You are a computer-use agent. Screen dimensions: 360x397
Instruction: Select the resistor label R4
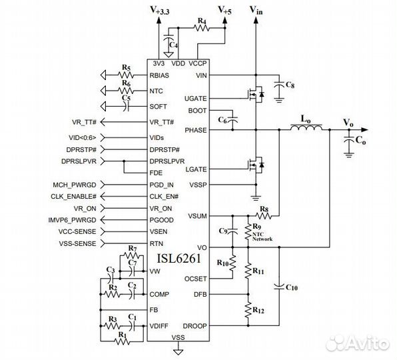(202, 22)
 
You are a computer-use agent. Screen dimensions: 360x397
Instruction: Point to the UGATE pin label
(198, 99)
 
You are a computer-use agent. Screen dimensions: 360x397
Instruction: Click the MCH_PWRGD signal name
(74, 184)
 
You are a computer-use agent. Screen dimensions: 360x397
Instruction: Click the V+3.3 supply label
(161, 10)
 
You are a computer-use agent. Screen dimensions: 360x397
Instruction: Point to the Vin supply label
(255, 10)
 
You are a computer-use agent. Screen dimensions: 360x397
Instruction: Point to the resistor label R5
(126, 67)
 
